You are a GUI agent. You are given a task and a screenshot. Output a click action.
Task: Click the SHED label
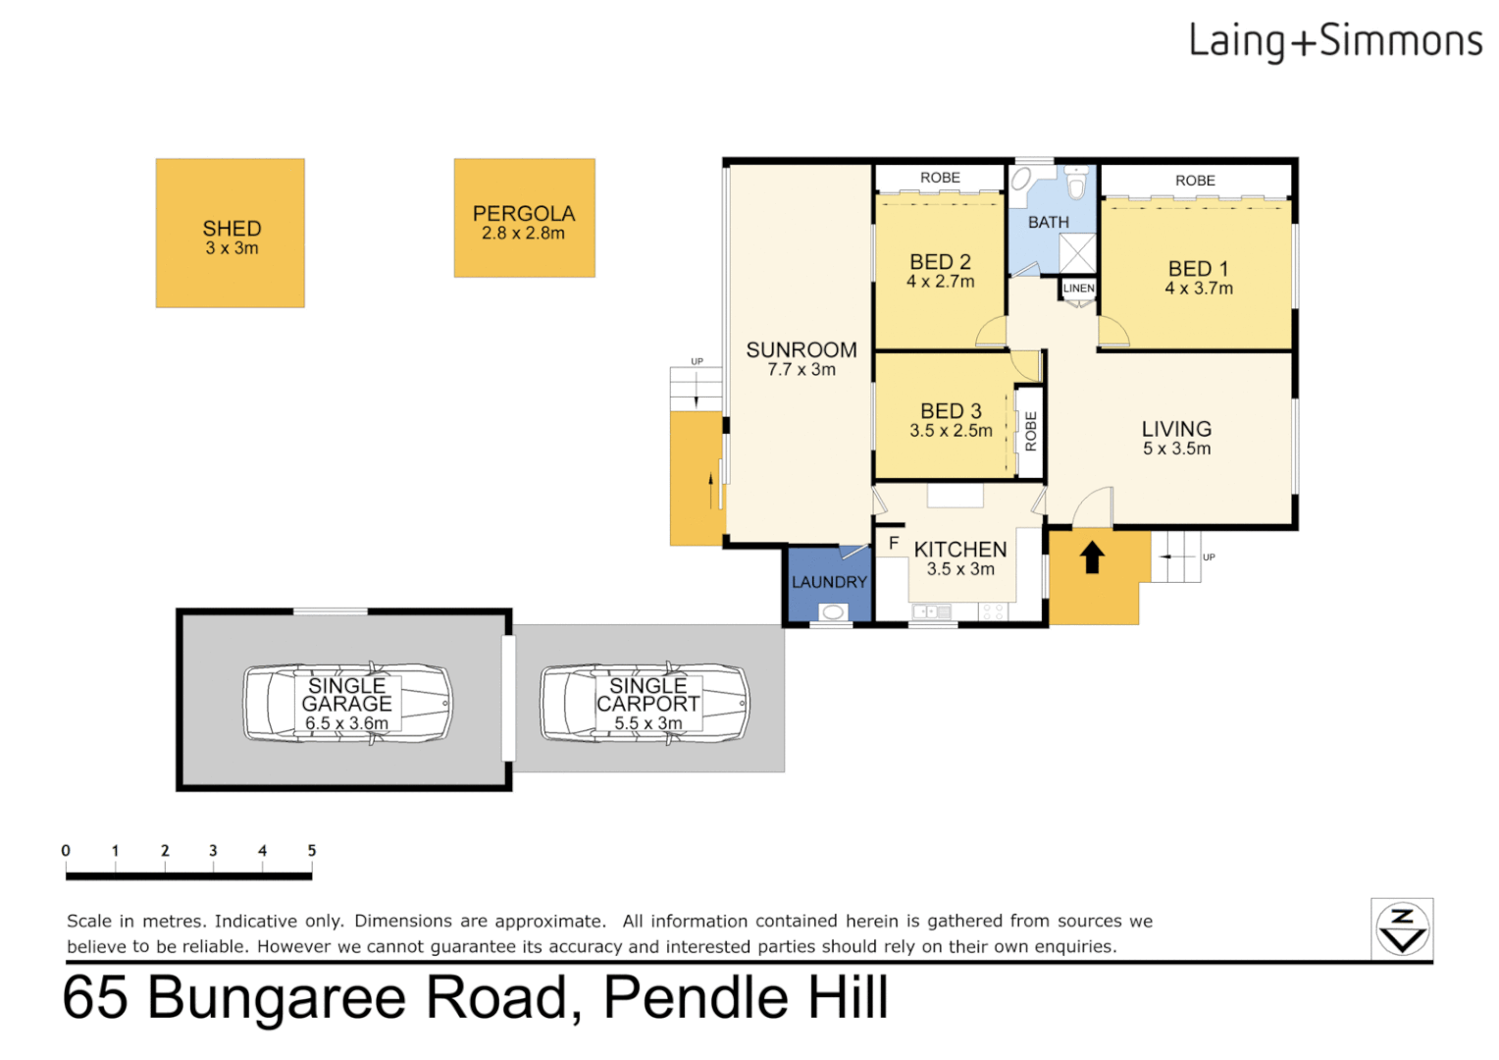click(232, 229)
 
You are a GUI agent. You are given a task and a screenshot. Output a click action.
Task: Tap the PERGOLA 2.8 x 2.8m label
click(524, 223)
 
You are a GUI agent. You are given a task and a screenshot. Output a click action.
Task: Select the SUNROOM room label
click(801, 350)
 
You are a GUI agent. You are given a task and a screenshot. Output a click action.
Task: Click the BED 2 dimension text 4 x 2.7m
click(940, 283)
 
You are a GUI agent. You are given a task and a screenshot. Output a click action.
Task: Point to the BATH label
click(1048, 223)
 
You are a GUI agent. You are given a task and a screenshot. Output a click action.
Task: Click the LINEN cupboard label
click(1078, 289)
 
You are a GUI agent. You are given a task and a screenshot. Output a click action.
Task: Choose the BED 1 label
click(1198, 269)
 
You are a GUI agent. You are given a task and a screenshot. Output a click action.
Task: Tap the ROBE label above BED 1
click(1195, 181)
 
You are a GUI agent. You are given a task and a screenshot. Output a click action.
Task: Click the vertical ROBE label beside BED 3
click(1030, 431)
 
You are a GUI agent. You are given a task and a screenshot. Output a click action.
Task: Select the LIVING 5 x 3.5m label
click(1176, 438)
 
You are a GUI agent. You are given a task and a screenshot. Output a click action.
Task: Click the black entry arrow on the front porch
click(1092, 557)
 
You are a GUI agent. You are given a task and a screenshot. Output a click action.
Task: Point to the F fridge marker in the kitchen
click(893, 543)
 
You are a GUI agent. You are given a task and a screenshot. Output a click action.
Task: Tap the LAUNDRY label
click(829, 582)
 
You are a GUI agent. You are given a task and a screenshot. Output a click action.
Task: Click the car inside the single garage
click(347, 704)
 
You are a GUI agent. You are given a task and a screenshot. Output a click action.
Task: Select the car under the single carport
click(646, 704)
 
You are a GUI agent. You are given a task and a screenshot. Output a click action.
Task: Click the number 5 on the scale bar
click(312, 851)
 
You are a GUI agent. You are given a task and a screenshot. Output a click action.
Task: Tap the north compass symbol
click(1402, 928)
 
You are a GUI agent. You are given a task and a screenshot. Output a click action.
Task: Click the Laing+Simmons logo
click(1335, 42)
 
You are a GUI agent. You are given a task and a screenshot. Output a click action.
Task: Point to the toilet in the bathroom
click(1076, 184)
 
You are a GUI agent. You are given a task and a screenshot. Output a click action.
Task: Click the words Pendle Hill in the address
click(746, 998)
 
